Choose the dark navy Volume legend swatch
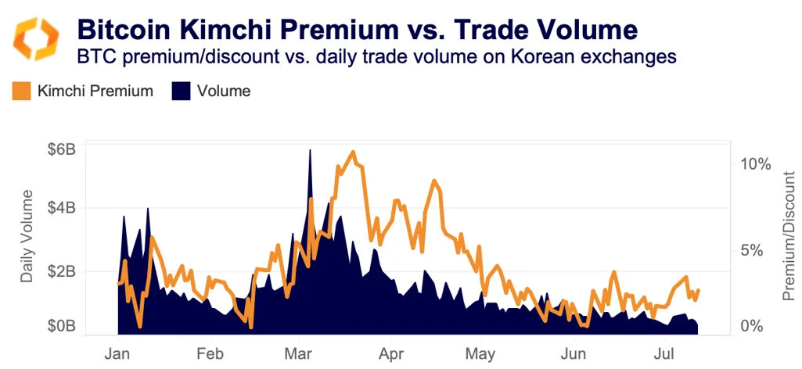pyautogui.click(x=180, y=91)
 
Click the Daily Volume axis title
pyautogui.click(x=27, y=236)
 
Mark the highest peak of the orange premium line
pyautogui.click(x=353, y=152)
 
